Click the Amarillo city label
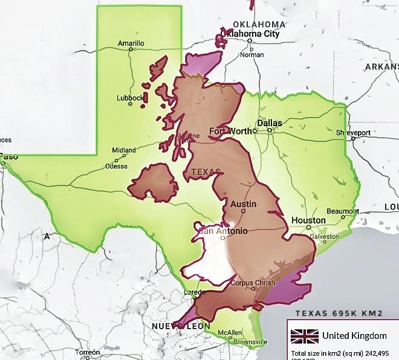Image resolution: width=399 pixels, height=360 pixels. (131, 43)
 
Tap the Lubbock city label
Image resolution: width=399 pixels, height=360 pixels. (130, 98)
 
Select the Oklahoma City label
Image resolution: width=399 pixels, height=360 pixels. (251, 34)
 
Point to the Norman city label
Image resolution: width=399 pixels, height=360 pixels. (251, 54)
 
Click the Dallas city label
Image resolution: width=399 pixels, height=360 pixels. (270, 123)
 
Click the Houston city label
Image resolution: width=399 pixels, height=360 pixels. (308, 220)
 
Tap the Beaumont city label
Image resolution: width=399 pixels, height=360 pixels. (343, 211)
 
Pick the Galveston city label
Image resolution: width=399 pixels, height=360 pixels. (325, 237)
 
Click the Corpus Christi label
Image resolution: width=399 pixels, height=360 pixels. (250, 282)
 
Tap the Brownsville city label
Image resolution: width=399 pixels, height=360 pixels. (250, 342)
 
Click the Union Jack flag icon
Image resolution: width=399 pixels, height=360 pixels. (304, 336)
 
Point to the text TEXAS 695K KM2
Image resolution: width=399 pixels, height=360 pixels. (339, 313)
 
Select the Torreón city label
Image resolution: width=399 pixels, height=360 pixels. (88, 352)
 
